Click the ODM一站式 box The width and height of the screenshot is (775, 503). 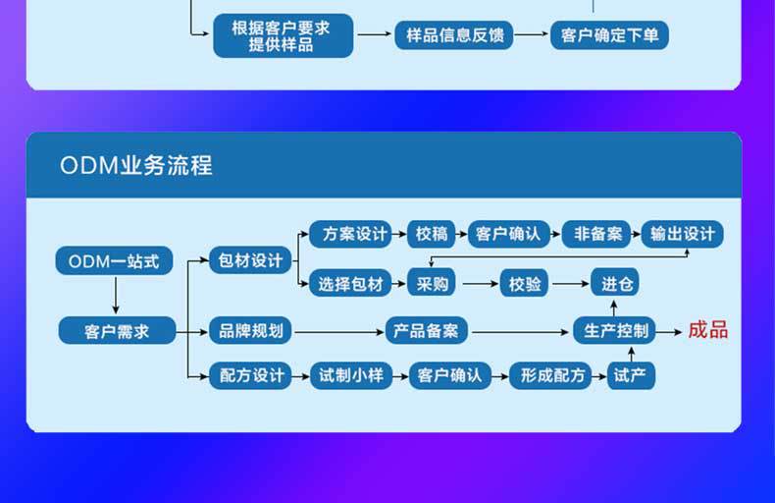(114, 261)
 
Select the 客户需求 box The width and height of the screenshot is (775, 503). (117, 330)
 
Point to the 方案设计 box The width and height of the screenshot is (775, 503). (349, 234)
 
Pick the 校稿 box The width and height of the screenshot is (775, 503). (431, 234)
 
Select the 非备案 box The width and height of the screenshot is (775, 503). (597, 234)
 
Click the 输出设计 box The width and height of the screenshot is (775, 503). (682, 234)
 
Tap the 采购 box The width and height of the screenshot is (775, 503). (432, 284)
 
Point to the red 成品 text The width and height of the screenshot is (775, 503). (707, 330)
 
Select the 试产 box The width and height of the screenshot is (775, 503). (632, 375)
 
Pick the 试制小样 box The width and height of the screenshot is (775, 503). (349, 375)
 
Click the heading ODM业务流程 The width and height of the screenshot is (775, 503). (136, 165)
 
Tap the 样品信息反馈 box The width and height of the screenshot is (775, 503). (454, 35)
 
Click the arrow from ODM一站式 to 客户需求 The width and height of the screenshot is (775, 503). (116, 295)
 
